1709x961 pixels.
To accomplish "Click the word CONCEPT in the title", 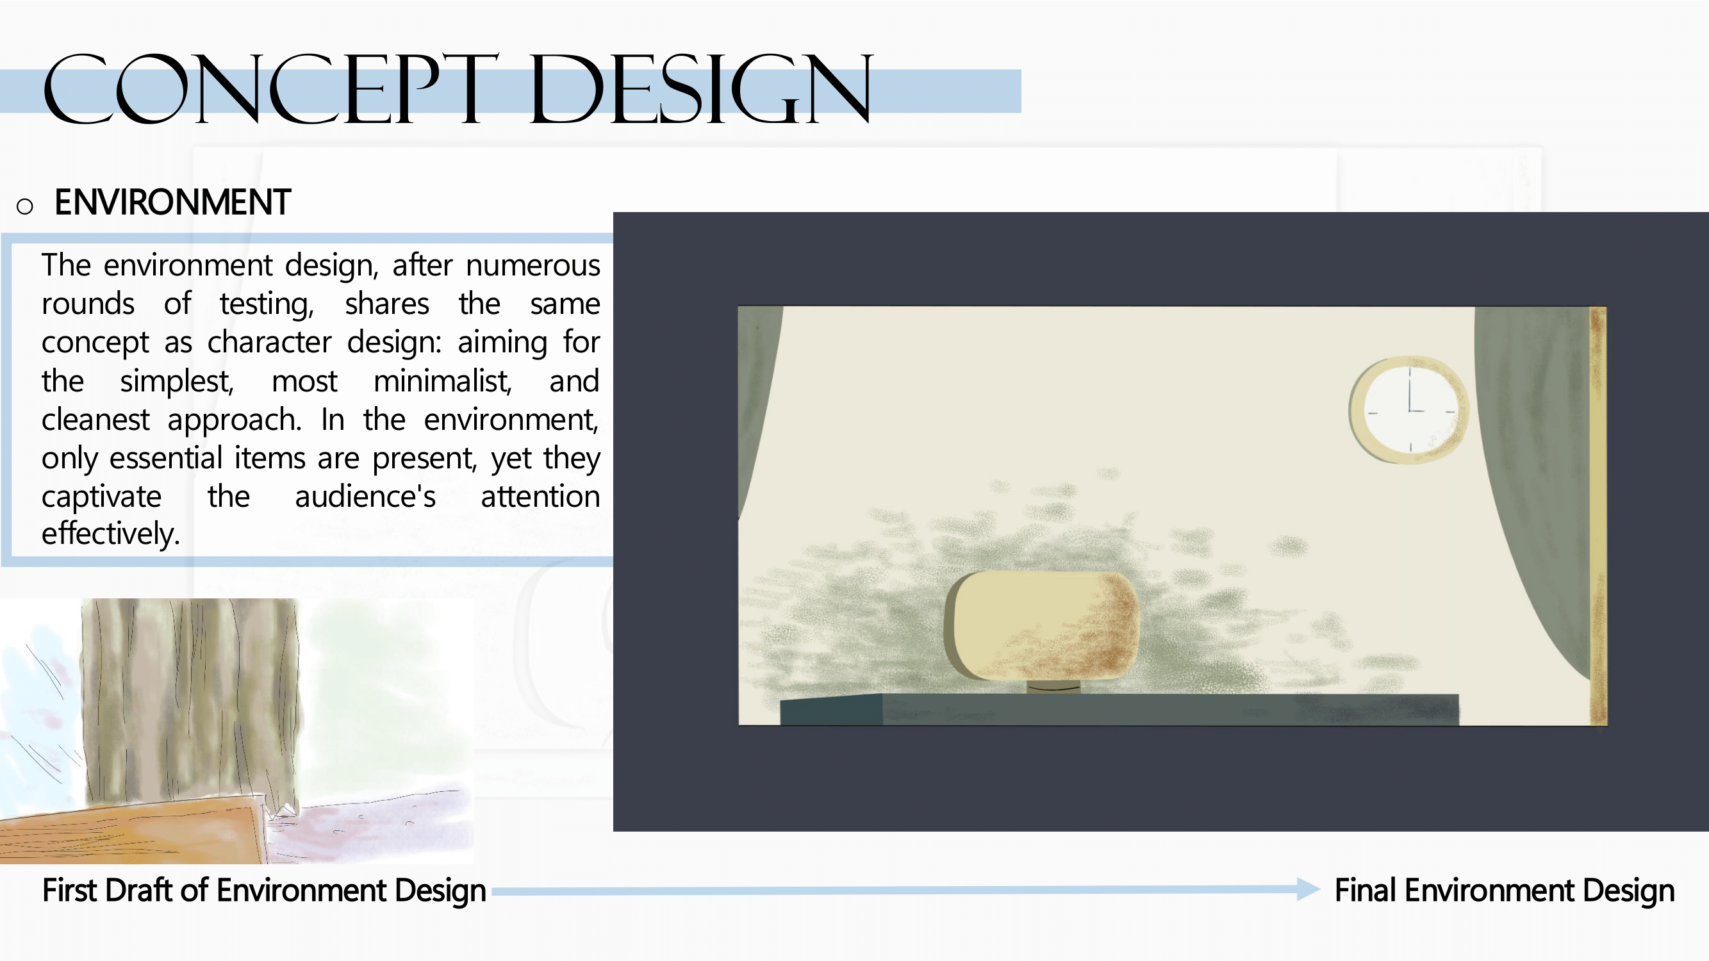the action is click(x=270, y=90).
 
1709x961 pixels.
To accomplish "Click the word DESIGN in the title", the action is click(x=700, y=90).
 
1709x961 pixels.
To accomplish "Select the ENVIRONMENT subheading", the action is click(x=172, y=202).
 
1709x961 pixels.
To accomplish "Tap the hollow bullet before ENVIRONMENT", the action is click(x=24, y=206).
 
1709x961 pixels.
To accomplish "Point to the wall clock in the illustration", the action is click(x=1408, y=410).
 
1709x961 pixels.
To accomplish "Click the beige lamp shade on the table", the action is click(x=1041, y=626).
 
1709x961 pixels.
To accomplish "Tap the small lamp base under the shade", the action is click(x=1053, y=687).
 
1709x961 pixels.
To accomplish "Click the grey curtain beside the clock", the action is click(x=1533, y=464).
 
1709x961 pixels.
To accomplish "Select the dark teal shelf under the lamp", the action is click(x=1119, y=710).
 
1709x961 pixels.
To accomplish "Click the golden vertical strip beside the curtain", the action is click(x=1598, y=516).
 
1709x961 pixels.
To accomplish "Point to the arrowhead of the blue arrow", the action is click(x=1309, y=889).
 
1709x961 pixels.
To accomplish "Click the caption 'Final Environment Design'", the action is click(x=1504, y=891).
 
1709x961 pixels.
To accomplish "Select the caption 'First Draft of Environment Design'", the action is click(x=264, y=891).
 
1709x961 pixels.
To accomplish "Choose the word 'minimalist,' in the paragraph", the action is click(x=443, y=381).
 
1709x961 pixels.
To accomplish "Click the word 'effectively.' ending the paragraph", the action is click(x=111, y=534).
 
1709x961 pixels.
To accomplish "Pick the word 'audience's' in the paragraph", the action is click(x=365, y=497).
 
